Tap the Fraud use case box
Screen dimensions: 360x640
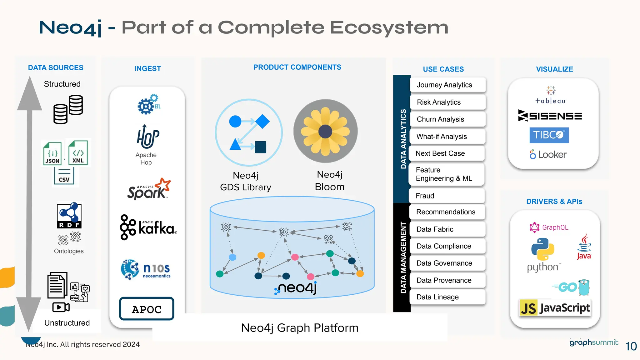(446, 196)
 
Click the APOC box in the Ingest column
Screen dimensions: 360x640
(147, 309)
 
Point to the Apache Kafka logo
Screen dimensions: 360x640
(148, 227)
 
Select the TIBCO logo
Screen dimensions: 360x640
(549, 135)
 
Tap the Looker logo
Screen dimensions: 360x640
(548, 154)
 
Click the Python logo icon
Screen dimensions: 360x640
(543, 249)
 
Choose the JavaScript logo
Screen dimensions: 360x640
(555, 308)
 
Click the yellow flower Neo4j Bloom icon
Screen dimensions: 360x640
(325, 131)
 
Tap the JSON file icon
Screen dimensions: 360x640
(52, 153)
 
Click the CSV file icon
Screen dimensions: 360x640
(64, 176)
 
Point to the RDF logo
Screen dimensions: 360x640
(69, 215)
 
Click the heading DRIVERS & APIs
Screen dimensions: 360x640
(554, 202)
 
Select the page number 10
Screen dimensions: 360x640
(631, 346)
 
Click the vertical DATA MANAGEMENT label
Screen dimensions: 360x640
(403, 257)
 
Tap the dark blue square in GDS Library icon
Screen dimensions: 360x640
(260, 147)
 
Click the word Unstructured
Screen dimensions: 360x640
(67, 323)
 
